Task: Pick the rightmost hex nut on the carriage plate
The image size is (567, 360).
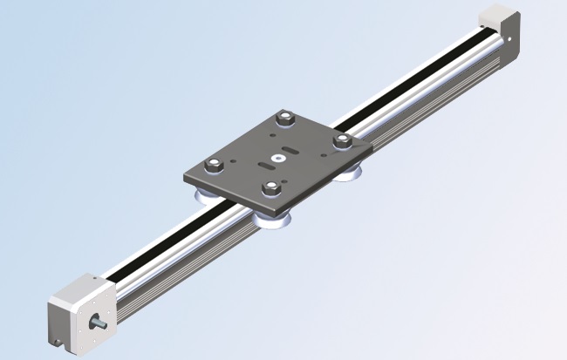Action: coord(342,139)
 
